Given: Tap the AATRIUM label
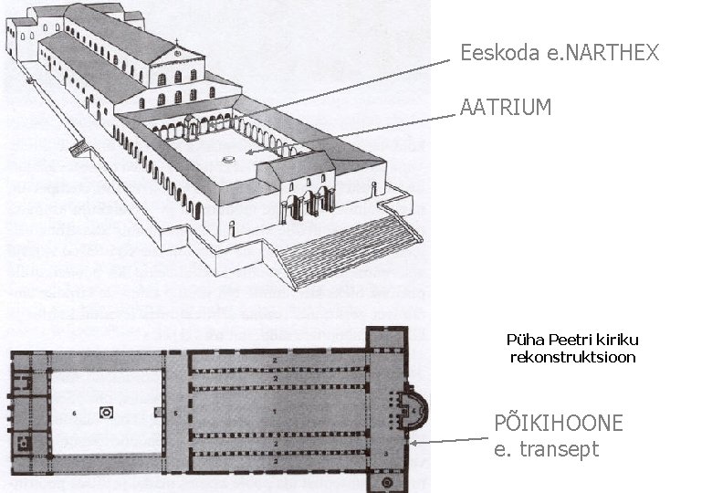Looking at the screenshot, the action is [x=506, y=108].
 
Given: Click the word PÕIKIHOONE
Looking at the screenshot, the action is [x=558, y=424].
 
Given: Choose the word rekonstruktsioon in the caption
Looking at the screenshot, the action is [x=571, y=357].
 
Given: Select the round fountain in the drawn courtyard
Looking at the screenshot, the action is [x=229, y=160].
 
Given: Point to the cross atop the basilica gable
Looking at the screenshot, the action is [x=176, y=44].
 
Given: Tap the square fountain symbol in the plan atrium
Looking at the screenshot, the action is [x=107, y=413].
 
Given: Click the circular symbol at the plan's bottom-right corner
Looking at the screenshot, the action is [x=387, y=481].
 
